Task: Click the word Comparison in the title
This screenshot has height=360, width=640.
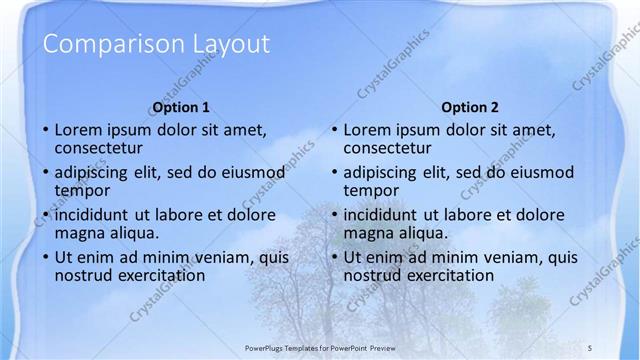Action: [96, 44]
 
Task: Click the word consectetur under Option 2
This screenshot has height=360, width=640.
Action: [391, 148]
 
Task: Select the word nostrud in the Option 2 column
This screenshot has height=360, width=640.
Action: [370, 275]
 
